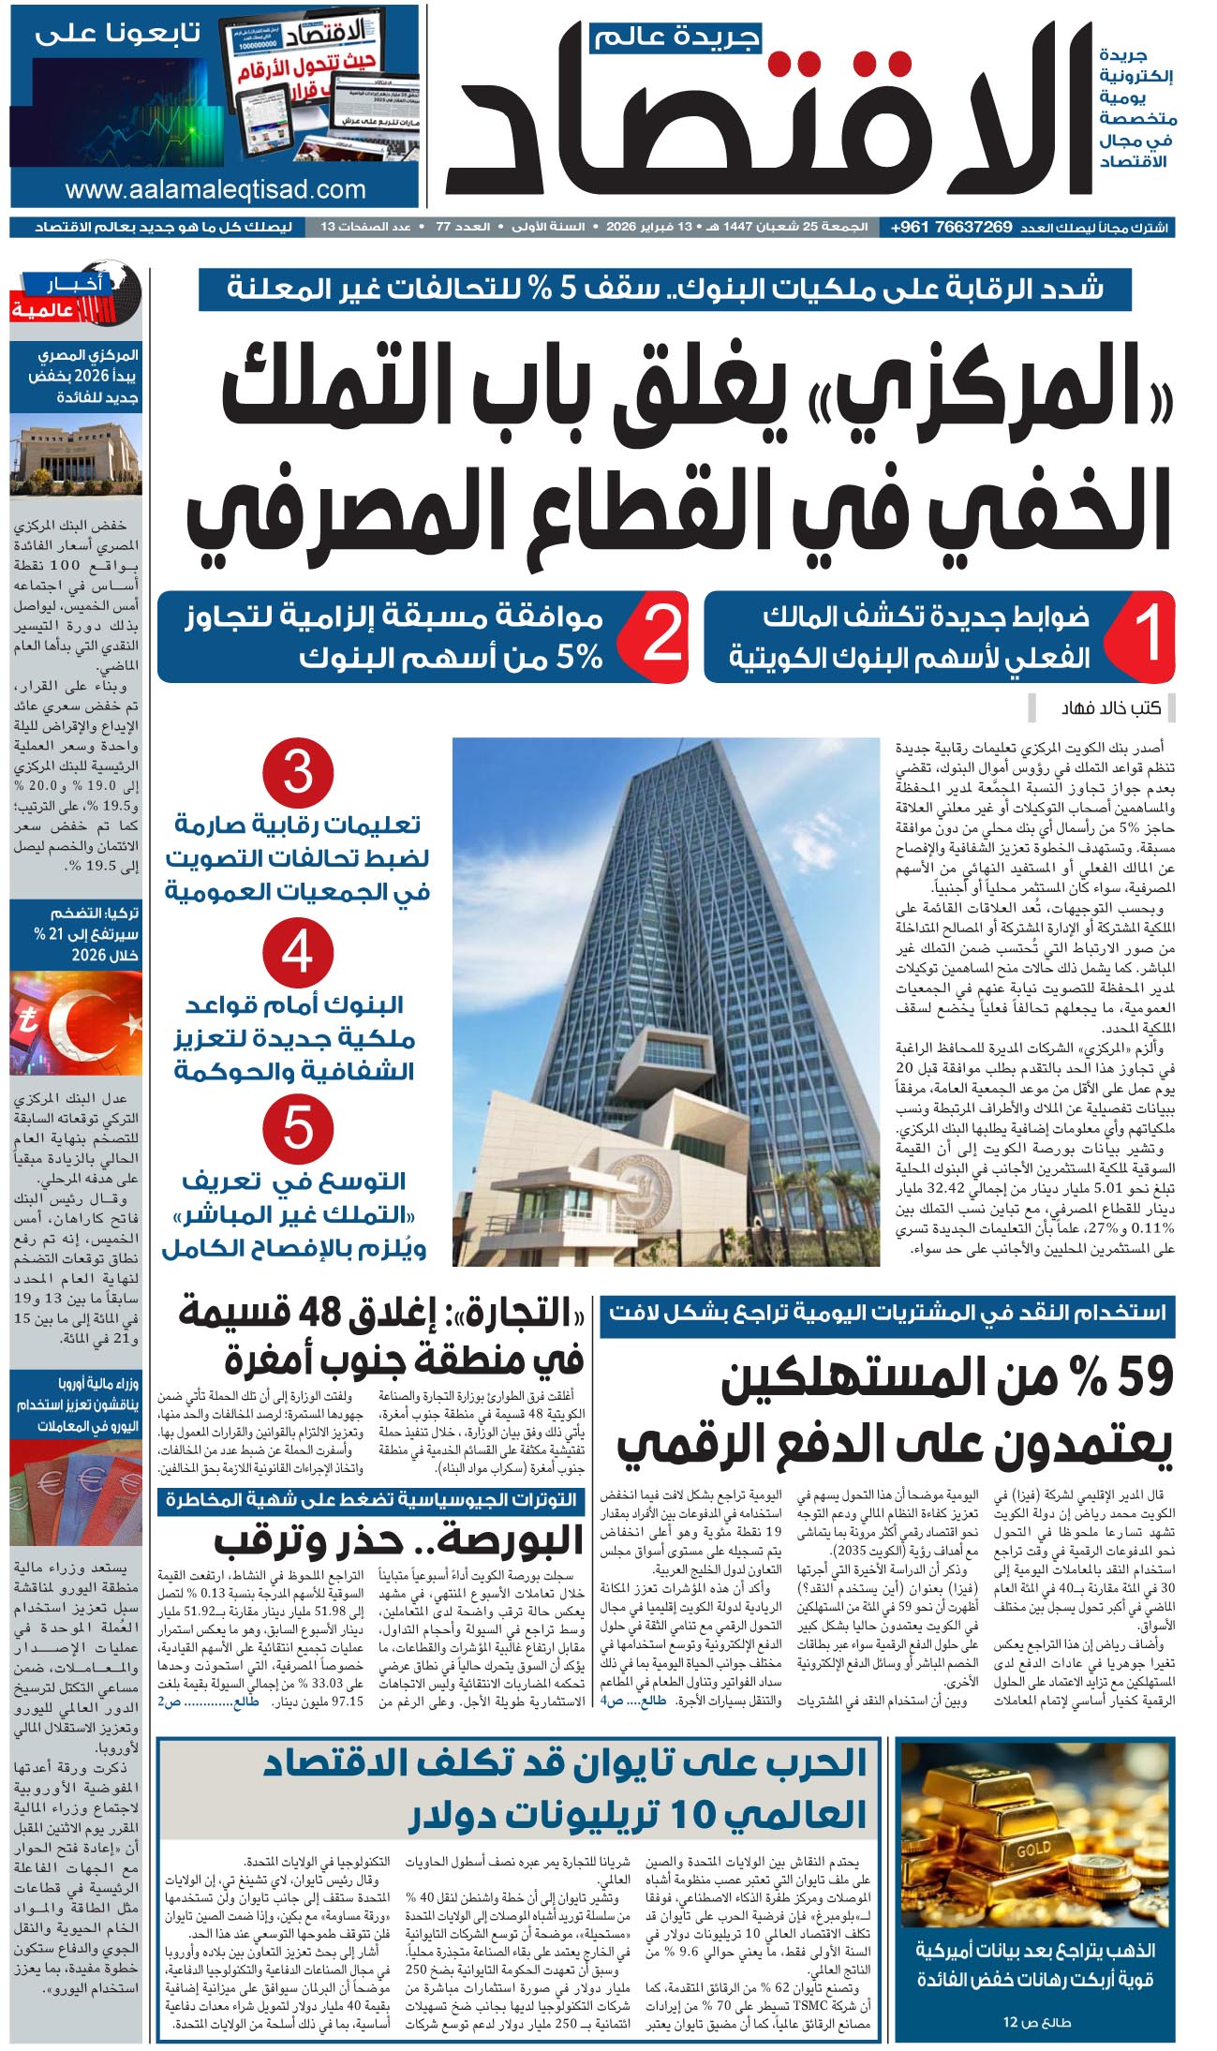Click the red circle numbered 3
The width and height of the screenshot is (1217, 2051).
pyautogui.click(x=298, y=774)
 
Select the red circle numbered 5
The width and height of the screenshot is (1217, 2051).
pyautogui.click(x=298, y=1128)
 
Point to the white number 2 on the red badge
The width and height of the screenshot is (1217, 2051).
pyautogui.click(x=662, y=634)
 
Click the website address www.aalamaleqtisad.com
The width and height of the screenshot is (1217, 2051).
pyautogui.click(x=215, y=189)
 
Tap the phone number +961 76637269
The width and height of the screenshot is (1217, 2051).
pyautogui.click(x=951, y=228)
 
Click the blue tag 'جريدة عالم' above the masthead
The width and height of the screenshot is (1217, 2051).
pyautogui.click(x=675, y=38)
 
